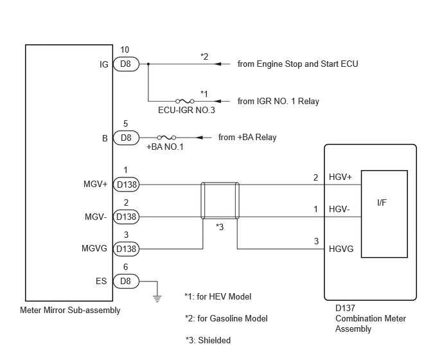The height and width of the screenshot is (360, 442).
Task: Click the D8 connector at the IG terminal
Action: [126, 64]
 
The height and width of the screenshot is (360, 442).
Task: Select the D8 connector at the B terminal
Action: [126, 138]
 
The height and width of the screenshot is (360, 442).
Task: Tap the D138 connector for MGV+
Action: [126, 184]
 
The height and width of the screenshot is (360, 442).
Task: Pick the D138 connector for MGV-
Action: [126, 217]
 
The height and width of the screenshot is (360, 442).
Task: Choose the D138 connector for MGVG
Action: [126, 249]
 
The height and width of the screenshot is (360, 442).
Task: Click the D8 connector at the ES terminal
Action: [126, 281]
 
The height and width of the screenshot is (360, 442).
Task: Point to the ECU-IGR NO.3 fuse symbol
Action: [184, 101]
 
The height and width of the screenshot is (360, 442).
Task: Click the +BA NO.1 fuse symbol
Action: [166, 138]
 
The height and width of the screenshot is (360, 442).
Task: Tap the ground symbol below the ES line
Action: [157, 298]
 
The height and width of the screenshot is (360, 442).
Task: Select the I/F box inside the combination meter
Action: [384, 214]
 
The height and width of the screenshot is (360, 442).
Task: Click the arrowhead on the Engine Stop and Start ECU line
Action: [217, 64]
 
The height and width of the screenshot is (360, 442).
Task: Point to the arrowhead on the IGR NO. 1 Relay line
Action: [217, 101]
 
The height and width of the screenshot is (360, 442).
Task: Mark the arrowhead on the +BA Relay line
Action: [199, 138]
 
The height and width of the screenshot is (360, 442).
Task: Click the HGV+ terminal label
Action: [340, 177]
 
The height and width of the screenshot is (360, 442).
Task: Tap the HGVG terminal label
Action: [341, 249]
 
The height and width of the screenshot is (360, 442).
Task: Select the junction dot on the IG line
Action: [148, 64]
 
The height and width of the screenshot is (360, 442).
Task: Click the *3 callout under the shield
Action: [220, 227]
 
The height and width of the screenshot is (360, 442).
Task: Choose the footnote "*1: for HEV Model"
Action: [218, 296]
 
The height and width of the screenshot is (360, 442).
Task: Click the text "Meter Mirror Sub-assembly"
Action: [70, 310]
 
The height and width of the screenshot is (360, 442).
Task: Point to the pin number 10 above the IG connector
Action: [125, 50]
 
